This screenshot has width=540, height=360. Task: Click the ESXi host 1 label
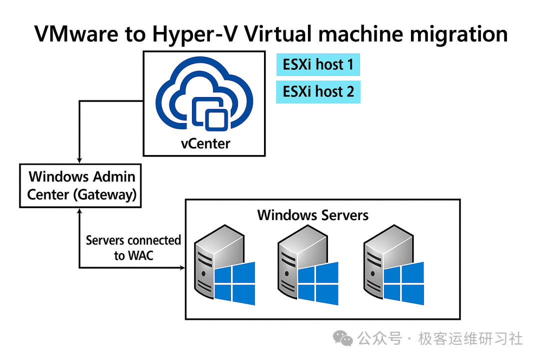[318, 65]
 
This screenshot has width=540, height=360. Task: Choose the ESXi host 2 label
[318, 92]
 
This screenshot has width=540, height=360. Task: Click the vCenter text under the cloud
[205, 143]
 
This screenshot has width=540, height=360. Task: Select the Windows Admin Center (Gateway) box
[80, 185]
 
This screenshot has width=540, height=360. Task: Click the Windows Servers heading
[312, 215]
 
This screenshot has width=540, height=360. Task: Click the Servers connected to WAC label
[133, 247]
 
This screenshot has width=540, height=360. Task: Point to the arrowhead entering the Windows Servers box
[182, 268]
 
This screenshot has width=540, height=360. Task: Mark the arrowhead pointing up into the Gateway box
[79, 211]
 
